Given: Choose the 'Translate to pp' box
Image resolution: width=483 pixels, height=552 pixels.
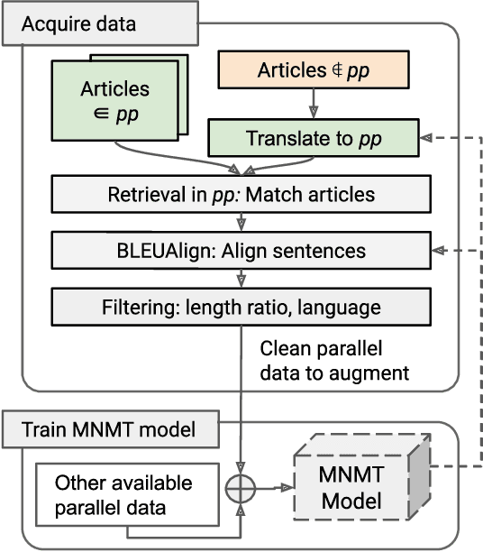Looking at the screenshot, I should [x=313, y=139].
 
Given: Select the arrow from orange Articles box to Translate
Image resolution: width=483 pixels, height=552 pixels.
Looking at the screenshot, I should [x=313, y=105].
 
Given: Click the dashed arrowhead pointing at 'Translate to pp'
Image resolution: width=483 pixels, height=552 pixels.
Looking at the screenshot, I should [x=428, y=139].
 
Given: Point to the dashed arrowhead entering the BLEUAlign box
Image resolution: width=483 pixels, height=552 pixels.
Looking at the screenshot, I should [x=440, y=250].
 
